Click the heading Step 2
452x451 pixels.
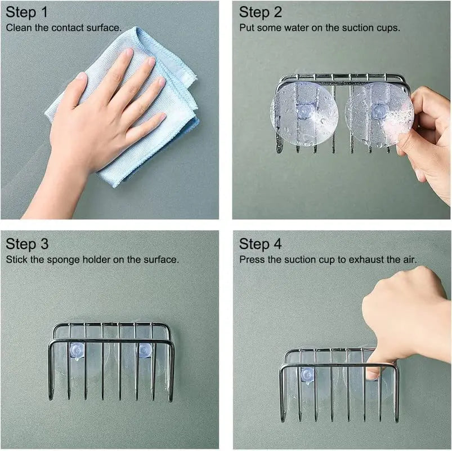261,12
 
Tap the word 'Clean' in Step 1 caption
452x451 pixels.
18,27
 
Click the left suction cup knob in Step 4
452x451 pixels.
307,374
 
